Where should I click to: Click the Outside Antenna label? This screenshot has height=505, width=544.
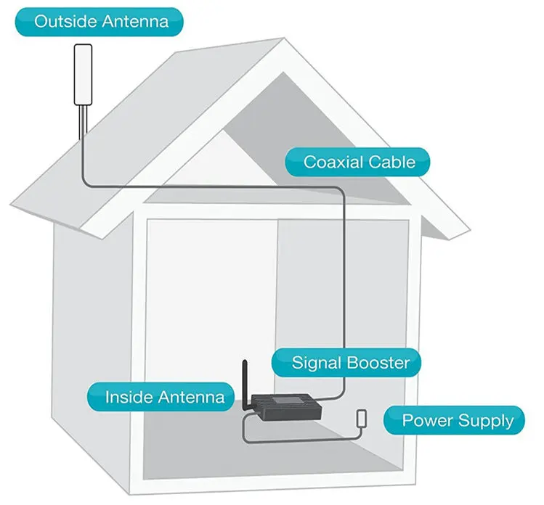pyautogui.click(x=100, y=21)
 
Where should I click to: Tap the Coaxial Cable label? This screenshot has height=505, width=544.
pyautogui.click(x=360, y=161)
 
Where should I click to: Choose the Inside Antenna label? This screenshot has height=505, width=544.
pyautogui.click(x=164, y=397)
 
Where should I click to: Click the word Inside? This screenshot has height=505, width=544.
pyautogui.click(x=128, y=397)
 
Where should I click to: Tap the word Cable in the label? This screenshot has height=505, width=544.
pyautogui.click(x=391, y=161)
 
